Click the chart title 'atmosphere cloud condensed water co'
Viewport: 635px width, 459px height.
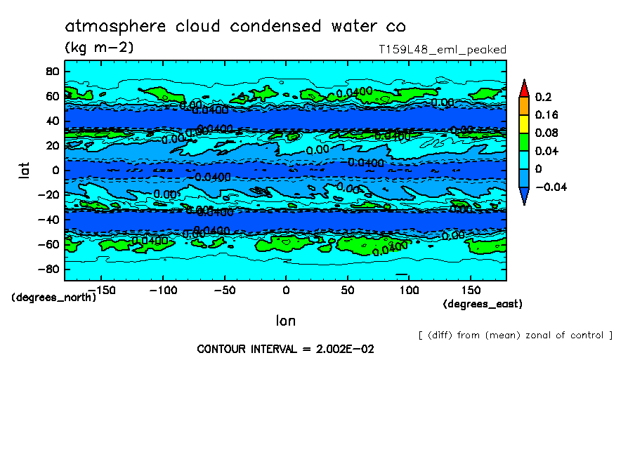(x=235, y=27)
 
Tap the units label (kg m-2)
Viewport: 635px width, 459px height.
(x=99, y=48)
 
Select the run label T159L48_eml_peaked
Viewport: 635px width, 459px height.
(x=442, y=49)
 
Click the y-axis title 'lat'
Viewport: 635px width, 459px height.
(x=24, y=169)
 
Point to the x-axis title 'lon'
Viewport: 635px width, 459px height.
(x=285, y=321)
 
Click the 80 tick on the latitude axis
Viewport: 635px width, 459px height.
(x=51, y=71)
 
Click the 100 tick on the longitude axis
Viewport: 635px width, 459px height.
(x=409, y=290)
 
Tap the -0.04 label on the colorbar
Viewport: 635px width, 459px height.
(x=550, y=187)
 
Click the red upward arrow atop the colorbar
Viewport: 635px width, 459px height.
(x=523, y=88)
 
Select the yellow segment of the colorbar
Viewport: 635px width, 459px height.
(x=523, y=124)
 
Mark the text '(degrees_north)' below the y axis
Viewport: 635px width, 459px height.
(x=54, y=297)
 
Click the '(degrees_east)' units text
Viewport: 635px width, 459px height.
(x=482, y=304)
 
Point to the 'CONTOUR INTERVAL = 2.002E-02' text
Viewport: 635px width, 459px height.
(x=285, y=349)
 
